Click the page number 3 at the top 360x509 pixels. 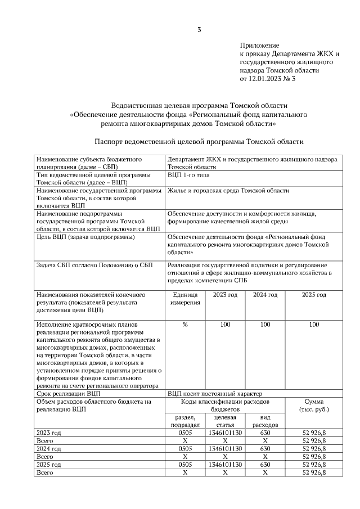199,29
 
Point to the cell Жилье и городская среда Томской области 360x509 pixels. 228,191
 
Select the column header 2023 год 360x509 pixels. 225,294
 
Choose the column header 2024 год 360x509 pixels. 265,294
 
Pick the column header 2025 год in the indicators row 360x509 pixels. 314,294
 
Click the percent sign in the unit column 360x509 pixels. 185,325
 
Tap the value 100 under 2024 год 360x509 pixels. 265,325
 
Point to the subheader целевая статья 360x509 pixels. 225,421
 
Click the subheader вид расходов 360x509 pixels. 265,421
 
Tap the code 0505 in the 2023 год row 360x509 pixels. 185,433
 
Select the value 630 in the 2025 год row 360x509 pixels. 265,465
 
